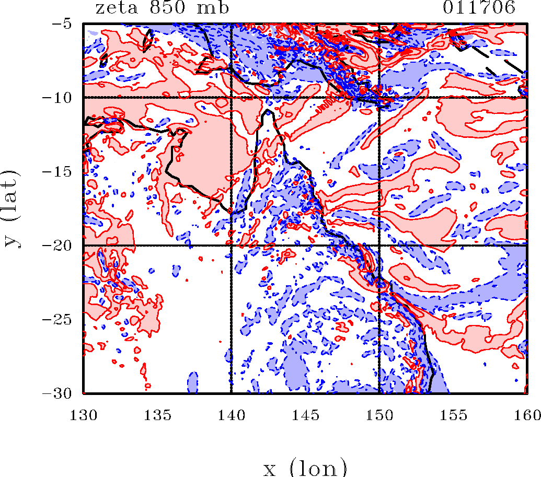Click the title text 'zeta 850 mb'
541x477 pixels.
tap(162, 8)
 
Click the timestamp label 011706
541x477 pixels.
tap(479, 8)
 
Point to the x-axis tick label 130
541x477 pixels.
tap(84, 415)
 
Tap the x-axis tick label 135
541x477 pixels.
tap(157, 415)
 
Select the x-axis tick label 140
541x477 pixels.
tap(231, 415)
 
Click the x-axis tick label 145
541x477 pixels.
tap(305, 415)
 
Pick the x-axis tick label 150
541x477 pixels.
tap(379, 415)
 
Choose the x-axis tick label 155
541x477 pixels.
tap(453, 415)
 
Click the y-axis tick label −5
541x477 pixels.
tap(66, 24)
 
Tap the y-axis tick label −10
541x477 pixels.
tap(62, 98)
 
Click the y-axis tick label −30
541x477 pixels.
tap(62, 393)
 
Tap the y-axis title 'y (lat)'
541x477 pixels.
tap(11, 208)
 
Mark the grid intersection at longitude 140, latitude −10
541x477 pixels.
tap(231, 98)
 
